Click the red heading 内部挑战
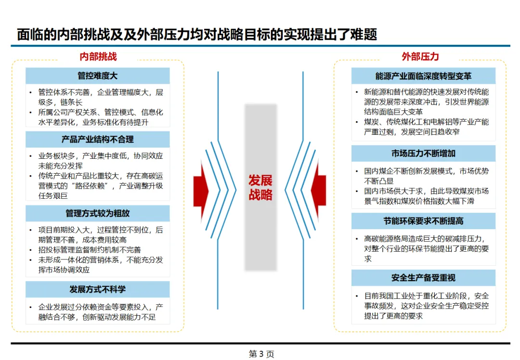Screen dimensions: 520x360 point(98,56)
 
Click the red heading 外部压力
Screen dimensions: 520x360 point(420,56)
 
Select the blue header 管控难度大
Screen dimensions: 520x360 point(97,76)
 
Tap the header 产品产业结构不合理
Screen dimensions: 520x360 point(97,139)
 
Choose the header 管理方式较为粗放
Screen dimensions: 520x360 point(97,213)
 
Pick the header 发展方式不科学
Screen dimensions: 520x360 point(97,289)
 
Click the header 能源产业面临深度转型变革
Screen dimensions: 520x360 point(423,76)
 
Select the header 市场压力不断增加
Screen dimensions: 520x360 point(423,154)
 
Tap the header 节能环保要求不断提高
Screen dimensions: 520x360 point(423,221)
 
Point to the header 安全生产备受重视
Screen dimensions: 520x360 point(423,278)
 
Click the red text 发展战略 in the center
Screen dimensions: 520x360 point(260,188)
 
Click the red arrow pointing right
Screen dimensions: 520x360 point(201,191)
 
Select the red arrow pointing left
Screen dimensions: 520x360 point(319,191)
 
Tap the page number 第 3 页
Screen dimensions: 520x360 point(261,354)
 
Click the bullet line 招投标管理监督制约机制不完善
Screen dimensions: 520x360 point(90,250)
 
